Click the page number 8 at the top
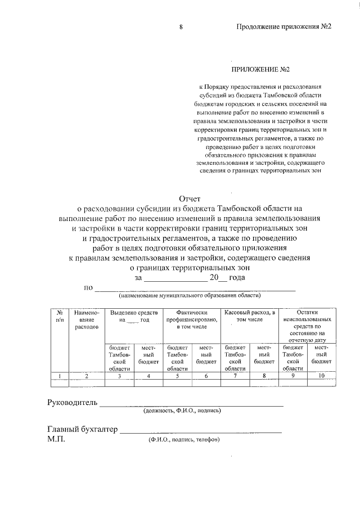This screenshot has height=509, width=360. (x=181, y=27)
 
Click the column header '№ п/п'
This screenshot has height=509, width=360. (x=60, y=316)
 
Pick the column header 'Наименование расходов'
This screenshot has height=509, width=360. (x=86, y=319)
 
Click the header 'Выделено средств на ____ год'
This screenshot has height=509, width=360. (x=133, y=316)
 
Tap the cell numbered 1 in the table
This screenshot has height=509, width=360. (x=60, y=376)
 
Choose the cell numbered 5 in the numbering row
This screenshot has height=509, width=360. (x=177, y=376)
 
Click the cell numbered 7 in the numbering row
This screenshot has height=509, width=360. (x=235, y=376)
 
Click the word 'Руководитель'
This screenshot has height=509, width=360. (x=72, y=403)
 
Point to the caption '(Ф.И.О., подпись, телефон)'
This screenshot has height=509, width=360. (x=183, y=439)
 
